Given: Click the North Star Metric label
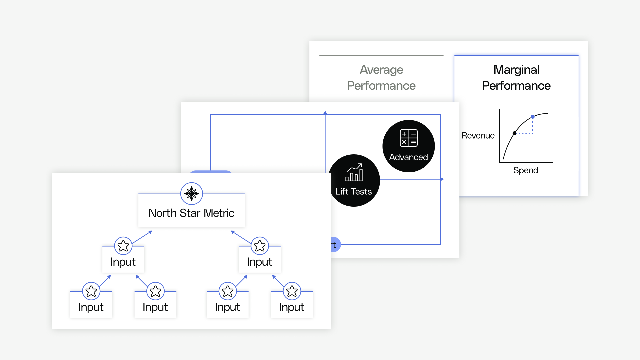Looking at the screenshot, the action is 191,213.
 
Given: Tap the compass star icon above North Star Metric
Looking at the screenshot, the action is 192,193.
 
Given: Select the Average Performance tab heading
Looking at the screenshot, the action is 381,78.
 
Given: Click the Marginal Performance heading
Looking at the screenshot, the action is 516,78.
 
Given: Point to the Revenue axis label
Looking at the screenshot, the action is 478,135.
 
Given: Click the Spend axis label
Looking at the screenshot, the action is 526,170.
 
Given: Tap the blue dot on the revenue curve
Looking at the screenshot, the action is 533,117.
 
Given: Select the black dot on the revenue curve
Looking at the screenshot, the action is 515,133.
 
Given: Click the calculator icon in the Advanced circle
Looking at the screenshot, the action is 409,138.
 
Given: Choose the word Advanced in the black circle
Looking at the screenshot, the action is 409,157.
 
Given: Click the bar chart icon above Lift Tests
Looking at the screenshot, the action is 354,172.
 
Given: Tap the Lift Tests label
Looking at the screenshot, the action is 354,191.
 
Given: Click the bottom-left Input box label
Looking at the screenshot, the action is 91,307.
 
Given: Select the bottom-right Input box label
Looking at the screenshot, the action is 292,307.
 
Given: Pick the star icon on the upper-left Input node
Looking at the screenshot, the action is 123,246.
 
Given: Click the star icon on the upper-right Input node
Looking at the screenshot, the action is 260,246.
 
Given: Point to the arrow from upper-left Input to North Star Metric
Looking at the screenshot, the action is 142,237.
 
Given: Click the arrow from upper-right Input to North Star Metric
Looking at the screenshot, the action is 241,237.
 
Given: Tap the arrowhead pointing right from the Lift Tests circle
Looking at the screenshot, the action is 442,179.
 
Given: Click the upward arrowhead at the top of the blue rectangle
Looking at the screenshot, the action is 325,113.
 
